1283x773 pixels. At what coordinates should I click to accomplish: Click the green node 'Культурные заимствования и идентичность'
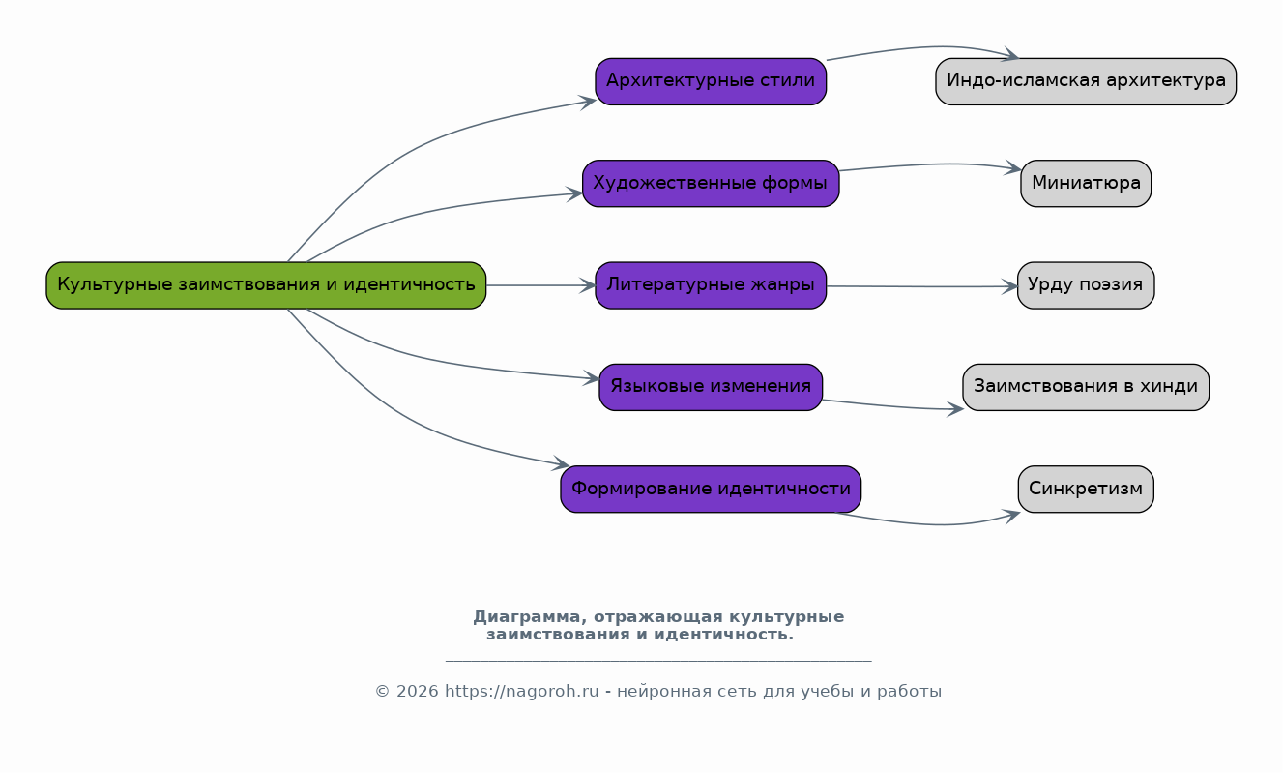pos(266,285)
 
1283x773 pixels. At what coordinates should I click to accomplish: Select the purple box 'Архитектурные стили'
pos(711,81)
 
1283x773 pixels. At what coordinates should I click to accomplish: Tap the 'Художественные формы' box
pos(711,184)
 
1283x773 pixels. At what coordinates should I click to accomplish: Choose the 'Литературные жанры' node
pos(711,285)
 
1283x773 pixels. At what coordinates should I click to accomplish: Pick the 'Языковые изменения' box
pos(711,387)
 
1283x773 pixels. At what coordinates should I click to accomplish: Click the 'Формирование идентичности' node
pos(711,490)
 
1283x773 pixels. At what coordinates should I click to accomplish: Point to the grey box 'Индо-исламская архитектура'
pos(1086,81)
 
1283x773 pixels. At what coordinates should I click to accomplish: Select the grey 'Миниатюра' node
pos(1086,184)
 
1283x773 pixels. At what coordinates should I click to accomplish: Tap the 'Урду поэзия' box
pos(1086,285)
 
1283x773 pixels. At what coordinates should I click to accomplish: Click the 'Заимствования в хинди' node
pos(1086,387)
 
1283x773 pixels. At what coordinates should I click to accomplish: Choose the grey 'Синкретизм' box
pos(1086,490)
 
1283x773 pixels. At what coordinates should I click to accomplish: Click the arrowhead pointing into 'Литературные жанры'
pos(587,285)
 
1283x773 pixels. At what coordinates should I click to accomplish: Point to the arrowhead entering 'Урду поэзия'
pos(1009,286)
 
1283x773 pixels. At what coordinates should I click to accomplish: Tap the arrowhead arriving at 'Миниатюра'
pos(1012,168)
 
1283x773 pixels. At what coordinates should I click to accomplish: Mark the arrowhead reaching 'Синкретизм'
pos(1011,516)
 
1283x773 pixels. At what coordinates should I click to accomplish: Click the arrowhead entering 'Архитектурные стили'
pos(588,102)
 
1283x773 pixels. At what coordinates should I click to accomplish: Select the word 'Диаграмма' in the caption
pos(526,617)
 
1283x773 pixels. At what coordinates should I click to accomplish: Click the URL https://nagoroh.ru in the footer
pos(522,692)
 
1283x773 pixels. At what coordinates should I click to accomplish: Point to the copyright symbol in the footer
pos(382,692)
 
